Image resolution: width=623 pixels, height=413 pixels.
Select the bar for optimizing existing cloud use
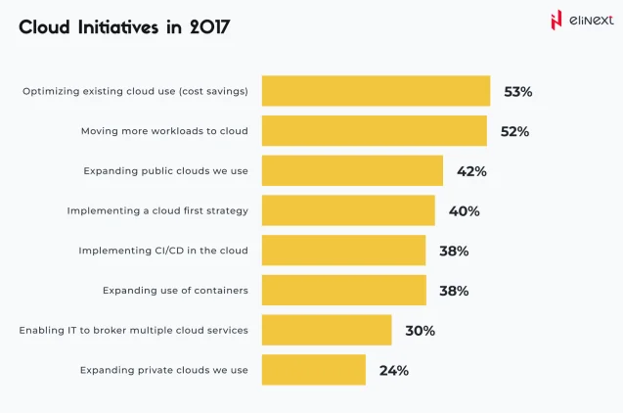click(376, 91)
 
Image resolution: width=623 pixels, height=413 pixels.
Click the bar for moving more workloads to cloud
click(374, 131)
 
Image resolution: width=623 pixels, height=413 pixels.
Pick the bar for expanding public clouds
click(352, 171)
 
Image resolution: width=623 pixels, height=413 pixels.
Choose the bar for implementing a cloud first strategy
click(348, 210)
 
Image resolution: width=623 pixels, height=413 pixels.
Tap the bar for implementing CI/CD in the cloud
click(343, 251)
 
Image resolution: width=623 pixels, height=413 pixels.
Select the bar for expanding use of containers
click(343, 291)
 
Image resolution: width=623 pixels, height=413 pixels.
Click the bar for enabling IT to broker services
click(327, 331)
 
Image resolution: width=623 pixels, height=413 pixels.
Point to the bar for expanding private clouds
click(313, 370)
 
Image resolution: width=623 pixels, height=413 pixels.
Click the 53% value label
click(517, 91)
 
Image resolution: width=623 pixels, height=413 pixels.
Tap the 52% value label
click(514, 131)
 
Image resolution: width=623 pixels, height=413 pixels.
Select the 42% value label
click(471, 171)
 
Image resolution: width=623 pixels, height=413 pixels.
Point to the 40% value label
click(464, 210)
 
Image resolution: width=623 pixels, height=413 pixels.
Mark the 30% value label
click(420, 331)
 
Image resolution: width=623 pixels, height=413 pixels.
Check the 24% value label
click(393, 370)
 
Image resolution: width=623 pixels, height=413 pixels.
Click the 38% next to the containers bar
click(454, 291)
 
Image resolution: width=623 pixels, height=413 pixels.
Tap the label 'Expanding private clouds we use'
click(163, 370)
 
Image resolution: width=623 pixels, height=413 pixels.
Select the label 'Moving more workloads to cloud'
click(163, 131)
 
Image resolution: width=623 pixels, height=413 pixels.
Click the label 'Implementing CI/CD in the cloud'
click(162, 251)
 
